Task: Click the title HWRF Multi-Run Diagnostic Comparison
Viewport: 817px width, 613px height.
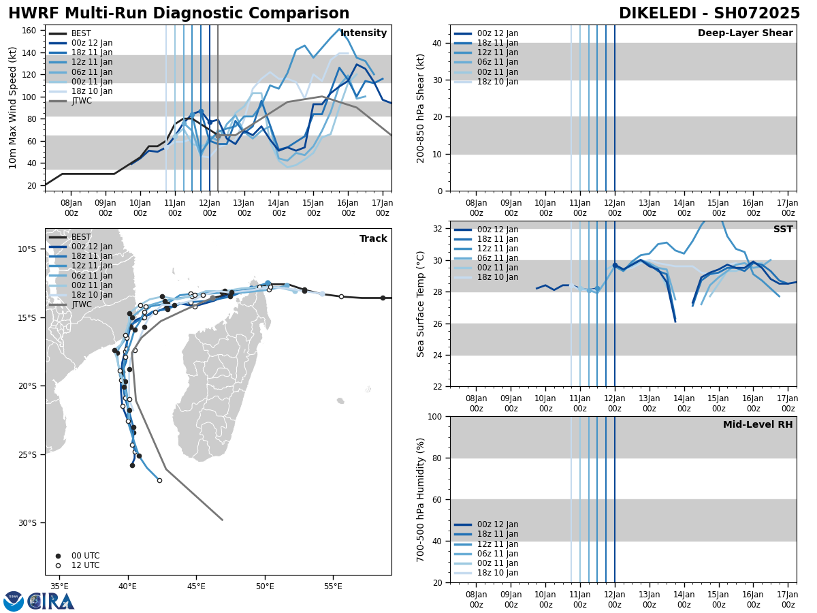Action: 178,14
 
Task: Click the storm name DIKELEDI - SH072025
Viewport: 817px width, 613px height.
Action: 709,14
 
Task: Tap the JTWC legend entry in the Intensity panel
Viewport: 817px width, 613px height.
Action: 81,101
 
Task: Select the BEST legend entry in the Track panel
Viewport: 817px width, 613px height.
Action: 81,238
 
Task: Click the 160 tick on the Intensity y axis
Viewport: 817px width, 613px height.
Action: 30,31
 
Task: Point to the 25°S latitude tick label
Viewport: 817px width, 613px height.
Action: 27,455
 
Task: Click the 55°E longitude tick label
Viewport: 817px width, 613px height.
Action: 333,586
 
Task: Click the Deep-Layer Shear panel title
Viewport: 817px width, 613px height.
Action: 745,33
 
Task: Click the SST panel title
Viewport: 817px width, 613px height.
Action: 783,230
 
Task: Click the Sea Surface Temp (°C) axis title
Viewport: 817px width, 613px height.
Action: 421,304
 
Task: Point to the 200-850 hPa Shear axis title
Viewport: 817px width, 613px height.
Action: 421,108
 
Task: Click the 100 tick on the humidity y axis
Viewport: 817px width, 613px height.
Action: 434,417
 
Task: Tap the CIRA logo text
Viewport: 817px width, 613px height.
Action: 51,601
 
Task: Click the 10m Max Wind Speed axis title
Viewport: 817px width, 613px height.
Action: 12,108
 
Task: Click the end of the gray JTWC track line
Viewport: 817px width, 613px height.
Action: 222,520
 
